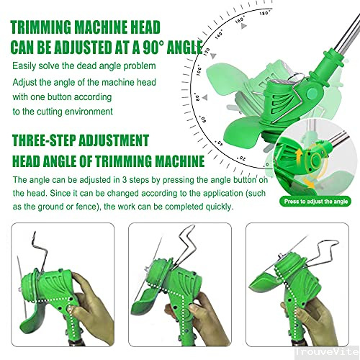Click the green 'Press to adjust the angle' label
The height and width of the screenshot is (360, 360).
point(315,201)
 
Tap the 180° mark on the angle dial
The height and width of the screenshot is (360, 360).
point(265,12)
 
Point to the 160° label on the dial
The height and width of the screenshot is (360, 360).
point(240,19)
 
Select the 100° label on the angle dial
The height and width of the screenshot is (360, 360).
point(199,71)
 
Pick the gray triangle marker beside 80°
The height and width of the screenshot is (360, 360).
point(204,97)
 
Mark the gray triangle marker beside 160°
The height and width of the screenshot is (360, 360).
point(243,26)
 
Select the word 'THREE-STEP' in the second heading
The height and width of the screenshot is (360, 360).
point(44,140)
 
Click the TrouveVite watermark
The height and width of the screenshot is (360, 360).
point(327,352)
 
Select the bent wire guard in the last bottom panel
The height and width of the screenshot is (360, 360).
point(319,253)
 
